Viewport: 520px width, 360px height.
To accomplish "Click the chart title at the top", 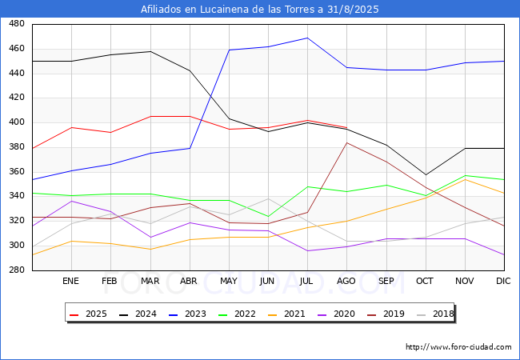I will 260,10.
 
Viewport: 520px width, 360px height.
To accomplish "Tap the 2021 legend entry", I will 320,314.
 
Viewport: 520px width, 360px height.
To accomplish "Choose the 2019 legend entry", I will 376,314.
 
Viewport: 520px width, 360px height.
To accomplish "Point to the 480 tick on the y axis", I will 16,24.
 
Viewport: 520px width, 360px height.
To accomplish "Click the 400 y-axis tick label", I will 16,122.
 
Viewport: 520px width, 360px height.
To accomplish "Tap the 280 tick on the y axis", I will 16,270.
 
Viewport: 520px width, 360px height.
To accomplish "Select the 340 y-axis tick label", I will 16,196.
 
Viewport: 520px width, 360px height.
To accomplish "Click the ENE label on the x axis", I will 70,281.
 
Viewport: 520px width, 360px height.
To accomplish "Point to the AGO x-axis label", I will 346,281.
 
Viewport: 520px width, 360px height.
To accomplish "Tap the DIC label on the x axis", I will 503,281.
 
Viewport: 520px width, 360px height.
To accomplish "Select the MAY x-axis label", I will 228,281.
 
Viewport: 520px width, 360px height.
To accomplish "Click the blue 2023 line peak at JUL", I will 307,38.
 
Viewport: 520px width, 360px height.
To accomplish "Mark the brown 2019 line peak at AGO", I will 346,142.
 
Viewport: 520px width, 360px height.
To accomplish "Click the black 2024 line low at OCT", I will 426,174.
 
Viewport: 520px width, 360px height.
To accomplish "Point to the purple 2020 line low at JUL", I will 307,250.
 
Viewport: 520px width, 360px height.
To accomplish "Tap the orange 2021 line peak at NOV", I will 465,179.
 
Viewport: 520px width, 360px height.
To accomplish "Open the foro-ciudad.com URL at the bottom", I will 458,347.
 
